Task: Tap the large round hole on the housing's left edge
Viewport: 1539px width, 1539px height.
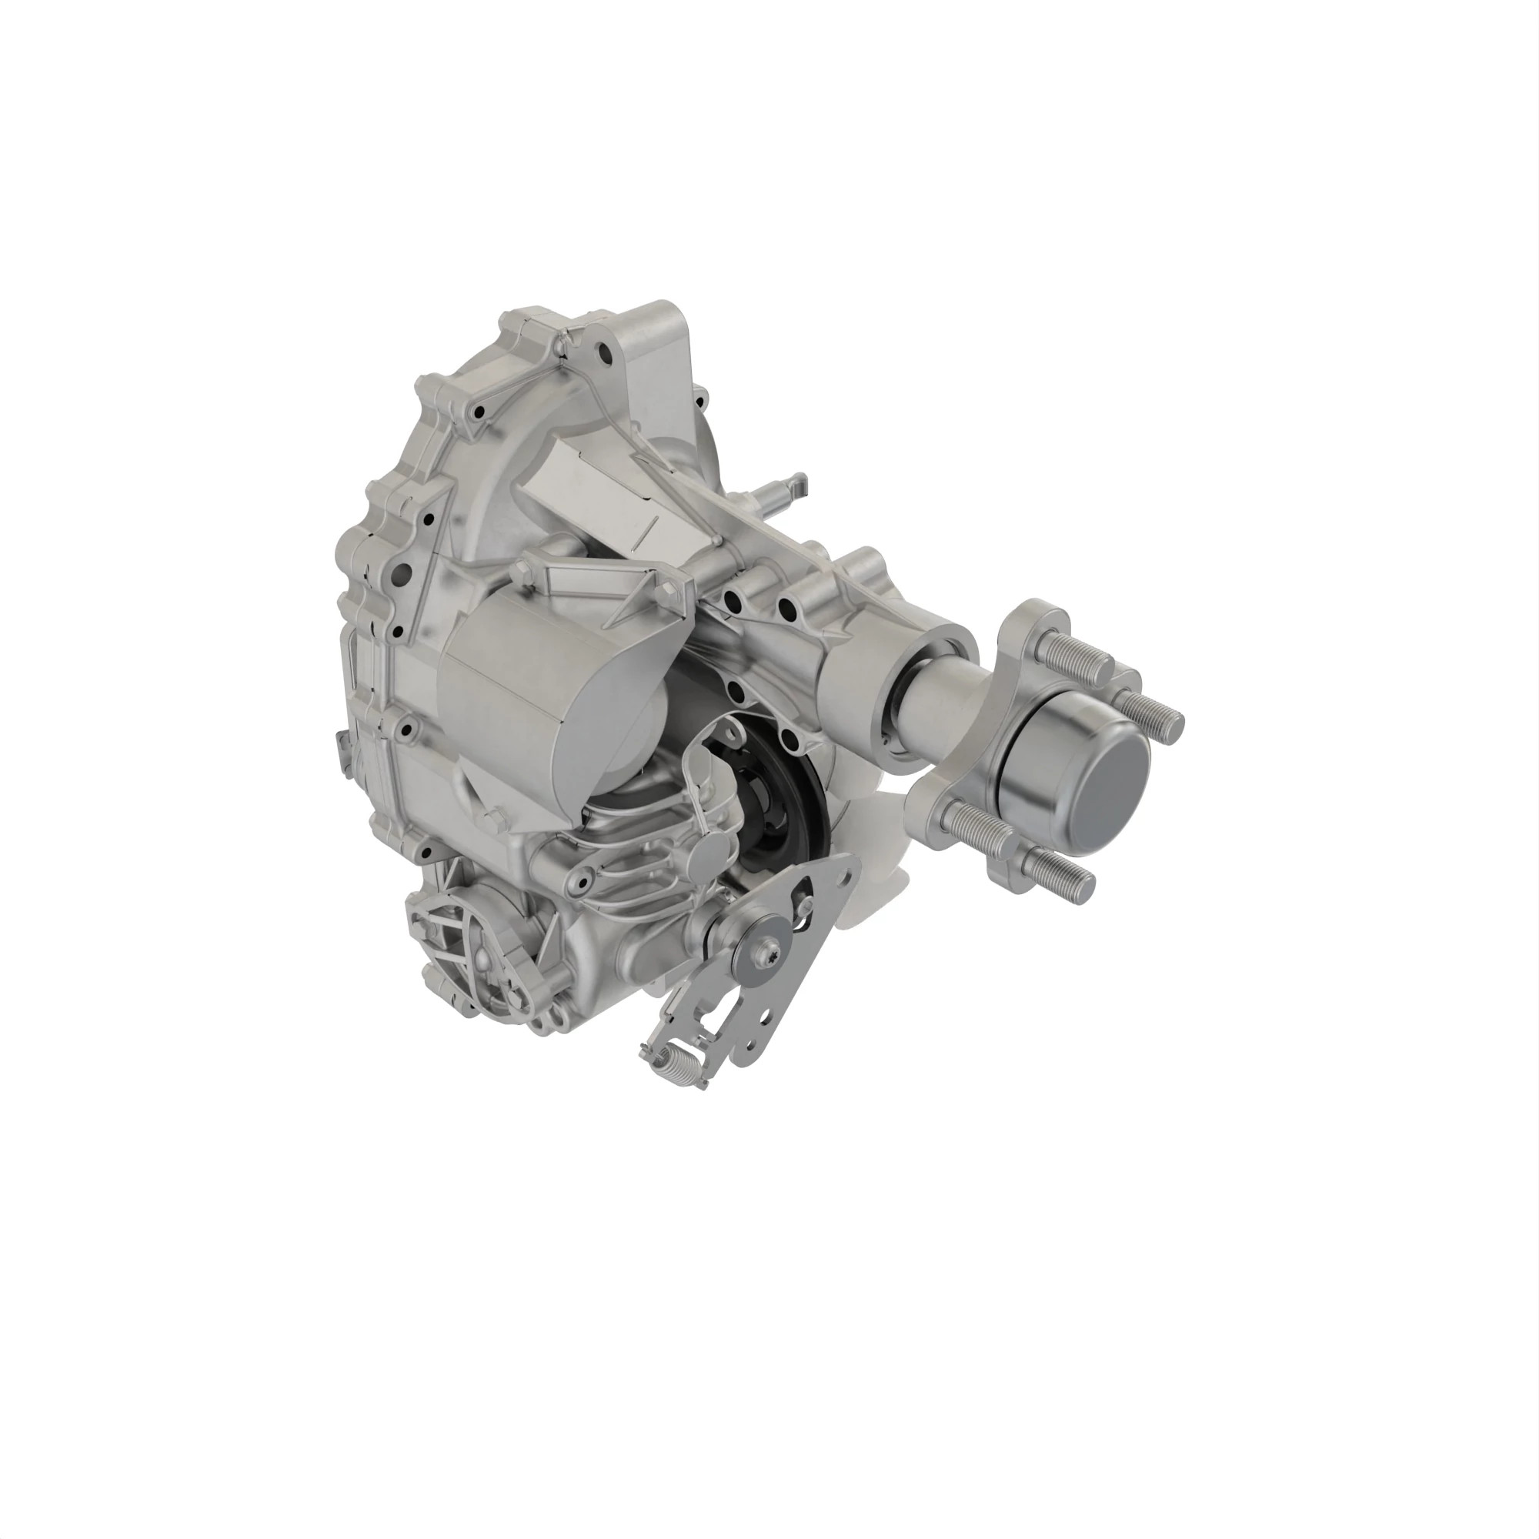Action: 402,572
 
